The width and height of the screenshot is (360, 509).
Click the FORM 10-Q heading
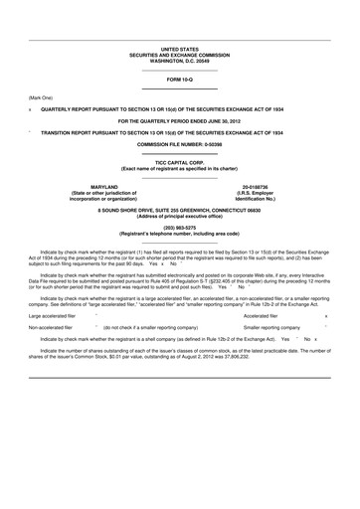pyautogui.click(x=180, y=78)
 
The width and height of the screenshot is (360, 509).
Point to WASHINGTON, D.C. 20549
pyautogui.click(x=180, y=62)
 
